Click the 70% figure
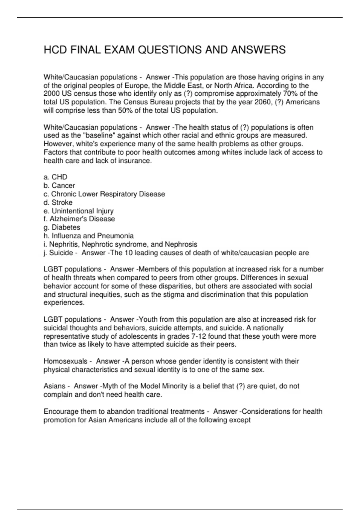tap(290, 94)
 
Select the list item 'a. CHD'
tap(55, 177)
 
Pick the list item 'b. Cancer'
tap(59, 185)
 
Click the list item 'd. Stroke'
tap(58, 202)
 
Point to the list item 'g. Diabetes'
tap(62, 227)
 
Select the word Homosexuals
tap(65, 361)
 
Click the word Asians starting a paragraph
tap(54, 386)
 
